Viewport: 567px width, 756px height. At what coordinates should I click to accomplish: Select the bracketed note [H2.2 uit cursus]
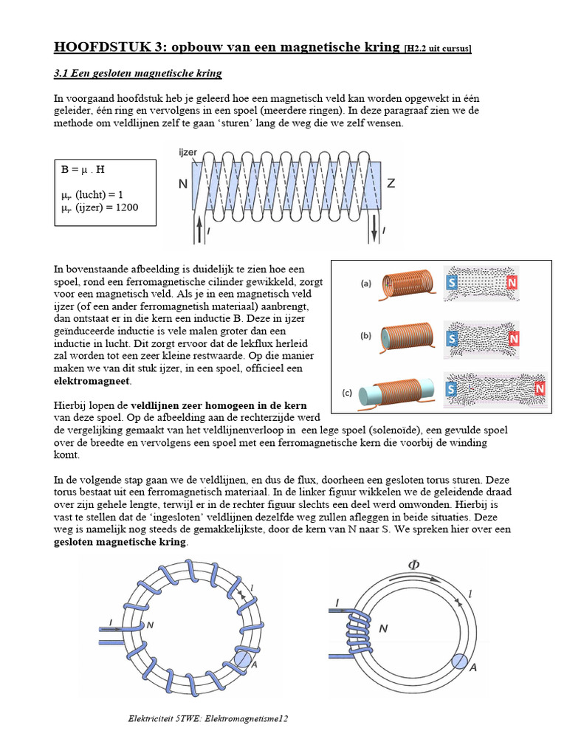tap(437, 49)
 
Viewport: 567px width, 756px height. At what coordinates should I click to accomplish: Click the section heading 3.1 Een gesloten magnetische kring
tap(138, 75)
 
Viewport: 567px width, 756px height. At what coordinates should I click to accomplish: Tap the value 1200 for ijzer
tap(123, 207)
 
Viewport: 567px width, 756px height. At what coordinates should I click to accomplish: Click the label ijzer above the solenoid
tap(189, 151)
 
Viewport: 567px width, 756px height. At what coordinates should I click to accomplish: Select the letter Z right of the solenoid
tap(391, 183)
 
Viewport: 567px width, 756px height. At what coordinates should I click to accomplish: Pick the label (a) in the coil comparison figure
tap(365, 283)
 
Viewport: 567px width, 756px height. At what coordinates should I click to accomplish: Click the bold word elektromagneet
tap(92, 381)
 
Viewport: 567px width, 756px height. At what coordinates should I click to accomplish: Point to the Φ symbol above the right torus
tap(414, 566)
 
